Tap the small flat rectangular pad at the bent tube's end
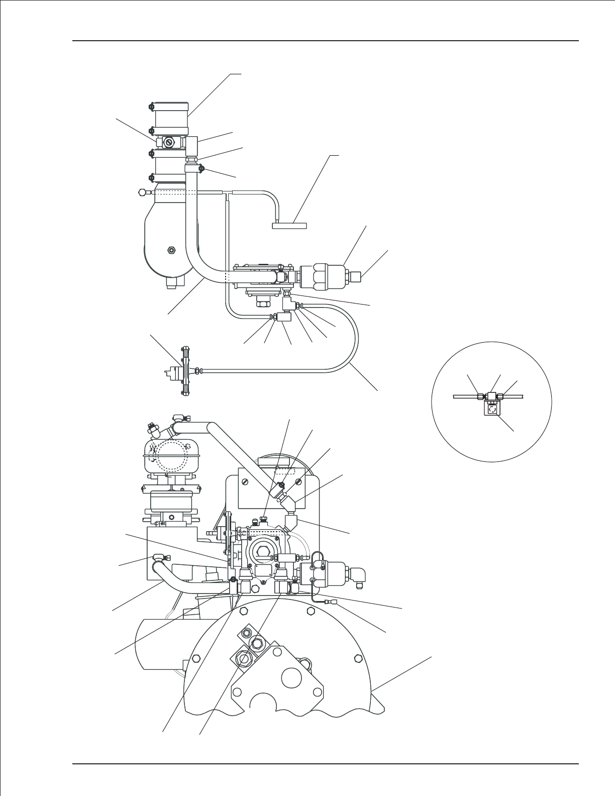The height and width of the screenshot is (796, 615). click(289, 226)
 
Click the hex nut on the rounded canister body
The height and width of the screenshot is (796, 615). click(172, 250)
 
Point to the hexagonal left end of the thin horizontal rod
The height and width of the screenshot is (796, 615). click(141, 191)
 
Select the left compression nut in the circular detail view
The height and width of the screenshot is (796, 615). click(479, 396)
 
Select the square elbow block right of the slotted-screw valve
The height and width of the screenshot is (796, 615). click(192, 146)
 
